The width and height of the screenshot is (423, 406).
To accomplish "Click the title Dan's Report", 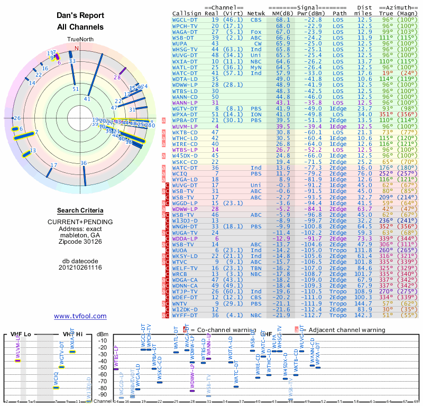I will tap(80, 16).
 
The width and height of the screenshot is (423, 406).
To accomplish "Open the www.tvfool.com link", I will tap(80, 316).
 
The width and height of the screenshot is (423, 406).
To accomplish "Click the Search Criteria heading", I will tap(80, 210).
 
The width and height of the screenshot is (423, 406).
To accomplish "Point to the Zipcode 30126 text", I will tap(80, 242).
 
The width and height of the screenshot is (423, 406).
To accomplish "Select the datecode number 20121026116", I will tap(80, 267).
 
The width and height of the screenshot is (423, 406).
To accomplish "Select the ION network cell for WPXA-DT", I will tap(255, 114).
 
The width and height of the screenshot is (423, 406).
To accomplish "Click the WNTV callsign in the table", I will tap(182, 304).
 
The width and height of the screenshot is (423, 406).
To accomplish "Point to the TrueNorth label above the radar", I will tap(80, 40).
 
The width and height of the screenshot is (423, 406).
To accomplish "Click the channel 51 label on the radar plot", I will tap(76, 89).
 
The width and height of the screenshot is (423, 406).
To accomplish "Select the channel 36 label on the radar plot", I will tap(83, 163).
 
